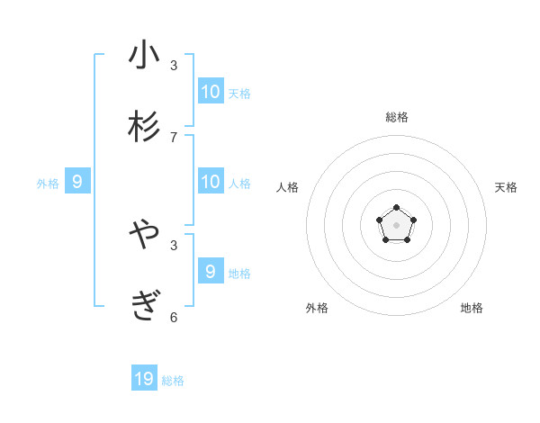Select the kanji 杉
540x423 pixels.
click(144, 127)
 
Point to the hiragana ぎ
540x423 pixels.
click(144, 307)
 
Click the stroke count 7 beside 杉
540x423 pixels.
click(174, 137)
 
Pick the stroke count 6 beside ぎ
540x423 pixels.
click(174, 317)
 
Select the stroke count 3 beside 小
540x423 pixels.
click(174, 65)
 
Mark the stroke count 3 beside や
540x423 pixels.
click(174, 245)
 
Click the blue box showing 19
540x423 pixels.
click(144, 379)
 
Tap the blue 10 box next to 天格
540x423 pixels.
click(211, 91)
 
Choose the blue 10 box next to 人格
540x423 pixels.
click(211, 181)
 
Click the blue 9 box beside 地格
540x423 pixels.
click(211, 271)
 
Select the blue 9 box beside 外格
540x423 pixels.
click(77, 181)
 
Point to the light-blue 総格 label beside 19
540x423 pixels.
click(173, 381)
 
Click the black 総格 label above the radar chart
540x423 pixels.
click(396, 117)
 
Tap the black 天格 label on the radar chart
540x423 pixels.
click(506, 187)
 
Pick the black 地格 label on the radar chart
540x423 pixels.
click(472, 308)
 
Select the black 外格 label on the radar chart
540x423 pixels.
click(317, 308)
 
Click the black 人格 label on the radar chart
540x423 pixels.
click(287, 187)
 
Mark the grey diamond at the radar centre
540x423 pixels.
click(396, 225)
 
